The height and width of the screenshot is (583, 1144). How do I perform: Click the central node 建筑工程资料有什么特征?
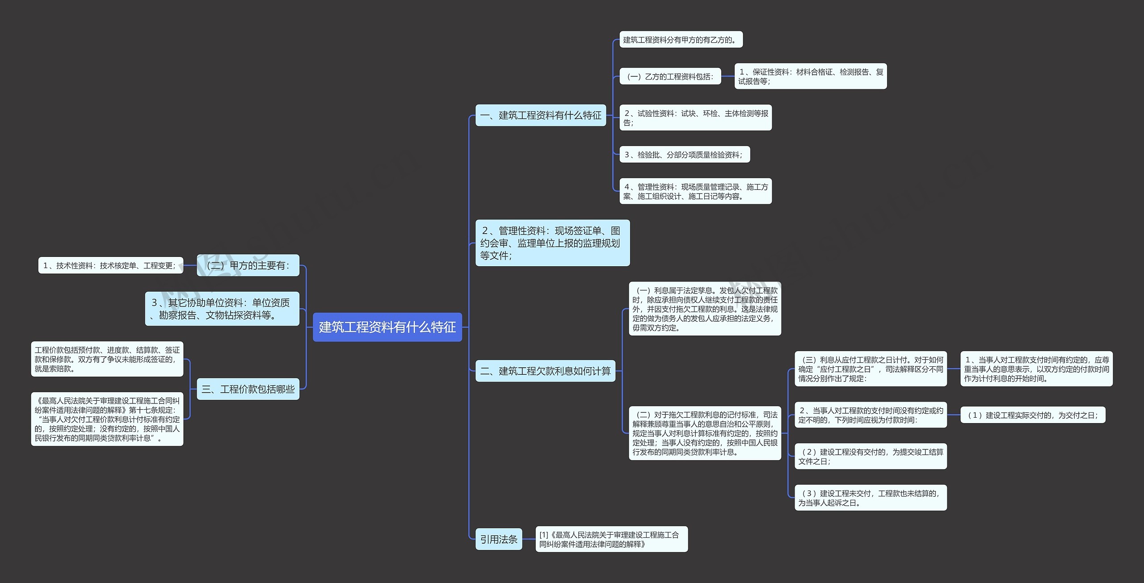pyautogui.click(x=387, y=327)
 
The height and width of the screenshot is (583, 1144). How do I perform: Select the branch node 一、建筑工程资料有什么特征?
pyautogui.click(x=540, y=115)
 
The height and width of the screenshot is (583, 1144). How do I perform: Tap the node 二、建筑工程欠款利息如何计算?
pyautogui.click(x=545, y=371)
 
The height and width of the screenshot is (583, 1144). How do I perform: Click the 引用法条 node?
pyautogui.click(x=498, y=539)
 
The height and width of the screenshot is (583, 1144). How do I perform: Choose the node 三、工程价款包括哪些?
pyautogui.click(x=248, y=389)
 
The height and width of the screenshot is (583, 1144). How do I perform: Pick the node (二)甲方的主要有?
pyautogui.click(x=248, y=265)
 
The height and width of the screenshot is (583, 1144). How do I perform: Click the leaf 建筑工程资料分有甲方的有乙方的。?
pyautogui.click(x=681, y=40)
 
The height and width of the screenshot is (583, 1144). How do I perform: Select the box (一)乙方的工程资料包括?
pyautogui.click(x=670, y=76)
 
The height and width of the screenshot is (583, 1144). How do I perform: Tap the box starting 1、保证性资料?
pyautogui.click(x=810, y=76)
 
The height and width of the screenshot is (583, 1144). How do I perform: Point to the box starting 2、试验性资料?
pyautogui.click(x=695, y=118)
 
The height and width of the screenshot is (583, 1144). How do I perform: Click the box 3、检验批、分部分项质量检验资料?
pyautogui.click(x=684, y=155)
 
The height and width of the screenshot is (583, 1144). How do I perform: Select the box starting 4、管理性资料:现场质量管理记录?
pyautogui.click(x=695, y=191)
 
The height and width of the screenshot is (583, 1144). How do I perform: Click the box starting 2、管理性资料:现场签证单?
pyautogui.click(x=552, y=243)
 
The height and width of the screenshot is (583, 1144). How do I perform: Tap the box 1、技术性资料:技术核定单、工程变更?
pyautogui.click(x=110, y=265)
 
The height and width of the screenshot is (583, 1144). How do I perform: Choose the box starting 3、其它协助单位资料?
pyautogui.click(x=222, y=309)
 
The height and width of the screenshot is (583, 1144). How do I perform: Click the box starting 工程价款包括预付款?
pyautogui.click(x=107, y=359)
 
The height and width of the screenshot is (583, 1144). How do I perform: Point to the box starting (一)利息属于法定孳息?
pyautogui.click(x=705, y=309)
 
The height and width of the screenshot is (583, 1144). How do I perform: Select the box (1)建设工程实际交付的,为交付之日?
pyautogui.click(x=1033, y=415)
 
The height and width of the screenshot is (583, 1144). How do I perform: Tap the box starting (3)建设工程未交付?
pyautogui.click(x=871, y=498)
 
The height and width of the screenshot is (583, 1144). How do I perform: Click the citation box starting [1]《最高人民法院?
pyautogui.click(x=611, y=539)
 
